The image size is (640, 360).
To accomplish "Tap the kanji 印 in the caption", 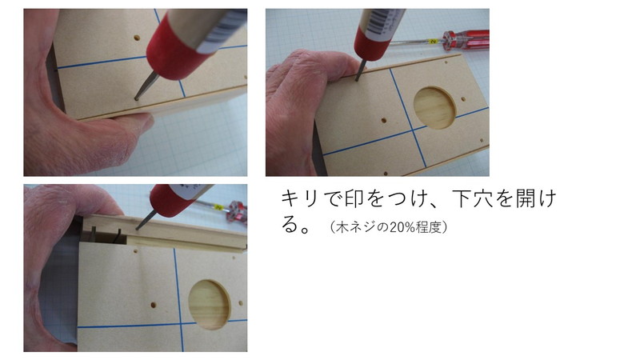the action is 354,198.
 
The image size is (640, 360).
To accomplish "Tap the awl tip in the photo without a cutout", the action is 136,98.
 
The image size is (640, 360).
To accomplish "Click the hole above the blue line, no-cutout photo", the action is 137,38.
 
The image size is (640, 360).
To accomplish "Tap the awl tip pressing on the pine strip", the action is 136,228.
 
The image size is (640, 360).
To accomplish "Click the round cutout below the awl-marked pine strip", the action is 210,304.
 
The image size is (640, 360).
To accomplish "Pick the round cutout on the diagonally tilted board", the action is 434,108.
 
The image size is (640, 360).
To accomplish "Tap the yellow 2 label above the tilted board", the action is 433,41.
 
